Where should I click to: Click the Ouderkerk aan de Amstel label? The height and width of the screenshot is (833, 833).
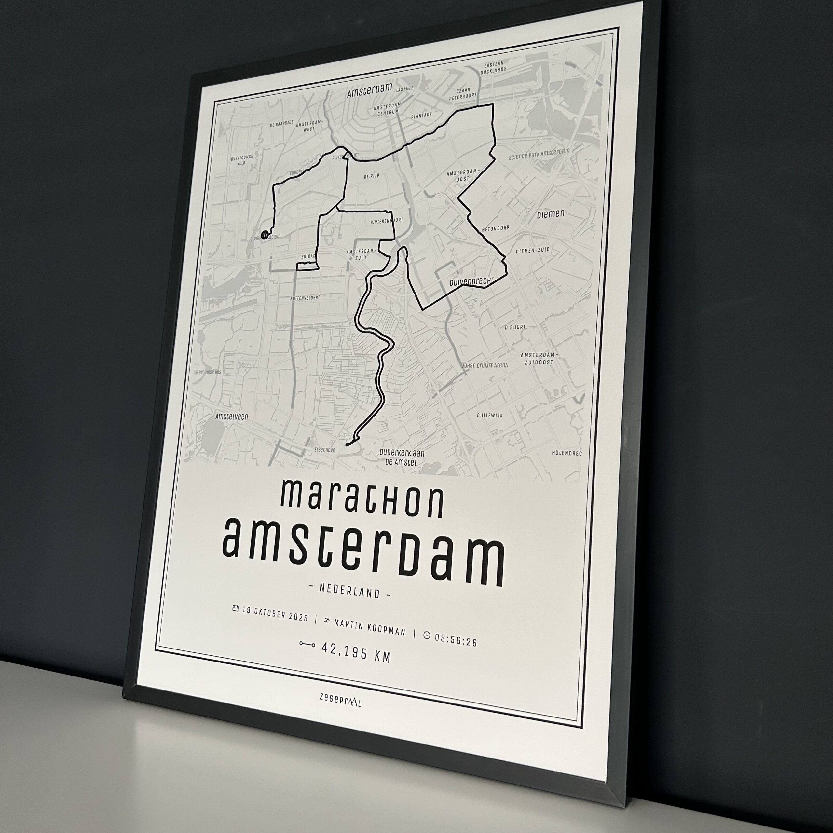point(401,457)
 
